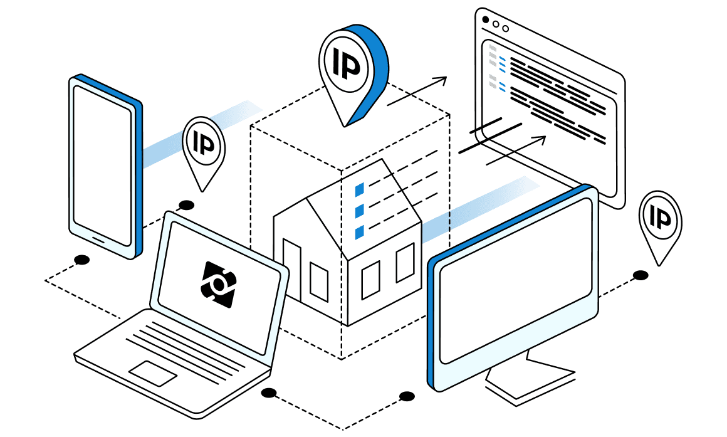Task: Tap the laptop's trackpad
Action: click(152, 373)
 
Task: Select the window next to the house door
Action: click(319, 281)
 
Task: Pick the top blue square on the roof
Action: click(360, 189)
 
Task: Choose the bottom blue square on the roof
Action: click(360, 233)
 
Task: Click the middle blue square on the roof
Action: click(360, 211)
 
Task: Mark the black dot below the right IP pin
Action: click(640, 275)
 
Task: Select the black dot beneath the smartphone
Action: click(81, 260)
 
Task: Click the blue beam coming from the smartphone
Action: click(201, 132)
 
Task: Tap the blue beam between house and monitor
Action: click(476, 207)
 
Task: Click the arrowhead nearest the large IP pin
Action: click(441, 80)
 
